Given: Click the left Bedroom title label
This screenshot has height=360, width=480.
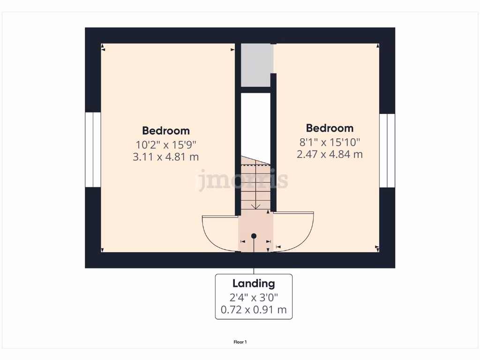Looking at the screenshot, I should [166, 131].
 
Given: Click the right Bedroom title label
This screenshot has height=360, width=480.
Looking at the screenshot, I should [330, 128].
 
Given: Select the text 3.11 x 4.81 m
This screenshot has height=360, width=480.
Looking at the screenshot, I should [166, 157].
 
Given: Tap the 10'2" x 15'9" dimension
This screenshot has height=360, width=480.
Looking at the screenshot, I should [166, 144].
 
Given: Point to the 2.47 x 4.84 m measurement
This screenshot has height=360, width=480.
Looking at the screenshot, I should [330, 154].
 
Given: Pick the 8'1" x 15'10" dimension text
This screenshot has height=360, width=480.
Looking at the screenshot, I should [330, 141].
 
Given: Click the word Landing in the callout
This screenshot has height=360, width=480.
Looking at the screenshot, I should [254, 283].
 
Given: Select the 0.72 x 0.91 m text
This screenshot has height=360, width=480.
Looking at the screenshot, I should [254, 309].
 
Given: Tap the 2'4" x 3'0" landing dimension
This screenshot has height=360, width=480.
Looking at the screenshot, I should [254, 297].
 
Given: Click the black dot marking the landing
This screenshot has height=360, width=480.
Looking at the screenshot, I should [254, 236].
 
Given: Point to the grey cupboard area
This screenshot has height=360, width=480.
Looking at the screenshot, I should [256, 65].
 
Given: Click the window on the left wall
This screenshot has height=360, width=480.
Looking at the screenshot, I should [93, 150].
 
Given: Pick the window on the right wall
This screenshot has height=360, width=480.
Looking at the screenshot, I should [387, 150].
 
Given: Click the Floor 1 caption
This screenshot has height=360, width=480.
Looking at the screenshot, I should [240, 342].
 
